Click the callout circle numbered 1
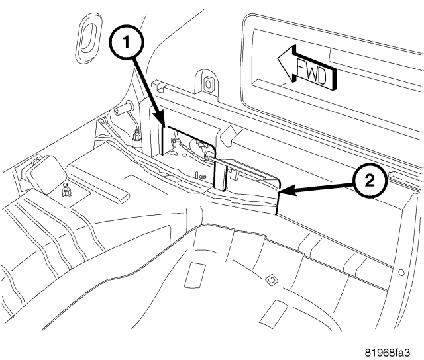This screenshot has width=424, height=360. coord(127,42)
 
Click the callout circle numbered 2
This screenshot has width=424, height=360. coord(370,181)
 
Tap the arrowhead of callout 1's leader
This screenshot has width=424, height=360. coord(160,120)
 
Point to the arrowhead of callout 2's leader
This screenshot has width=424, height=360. coord(286,191)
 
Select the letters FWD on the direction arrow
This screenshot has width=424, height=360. coord(311,71)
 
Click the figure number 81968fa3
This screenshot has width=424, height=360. coord(388,353)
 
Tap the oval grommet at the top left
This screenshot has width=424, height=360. coord(88,38)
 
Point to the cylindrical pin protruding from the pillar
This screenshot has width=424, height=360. coord(124,109)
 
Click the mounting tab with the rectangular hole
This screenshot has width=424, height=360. coord(206,84)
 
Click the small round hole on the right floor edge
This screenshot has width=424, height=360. coord(401,272)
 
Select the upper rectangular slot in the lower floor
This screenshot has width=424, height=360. coord(195,275)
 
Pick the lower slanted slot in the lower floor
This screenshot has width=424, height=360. coord(273,313)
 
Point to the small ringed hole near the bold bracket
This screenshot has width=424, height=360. coord(201,177)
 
